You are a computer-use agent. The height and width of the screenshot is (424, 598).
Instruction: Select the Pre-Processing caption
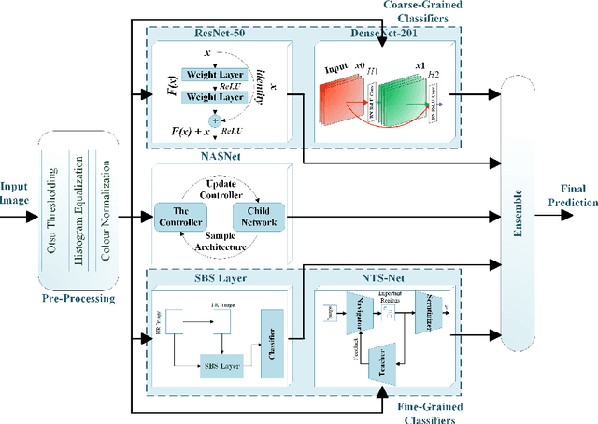pyautogui.click(x=78, y=300)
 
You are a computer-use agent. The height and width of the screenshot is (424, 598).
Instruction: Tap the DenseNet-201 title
pyautogui.click(x=375, y=32)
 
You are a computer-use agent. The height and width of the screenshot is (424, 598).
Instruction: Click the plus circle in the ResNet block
pyautogui.click(x=216, y=120)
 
